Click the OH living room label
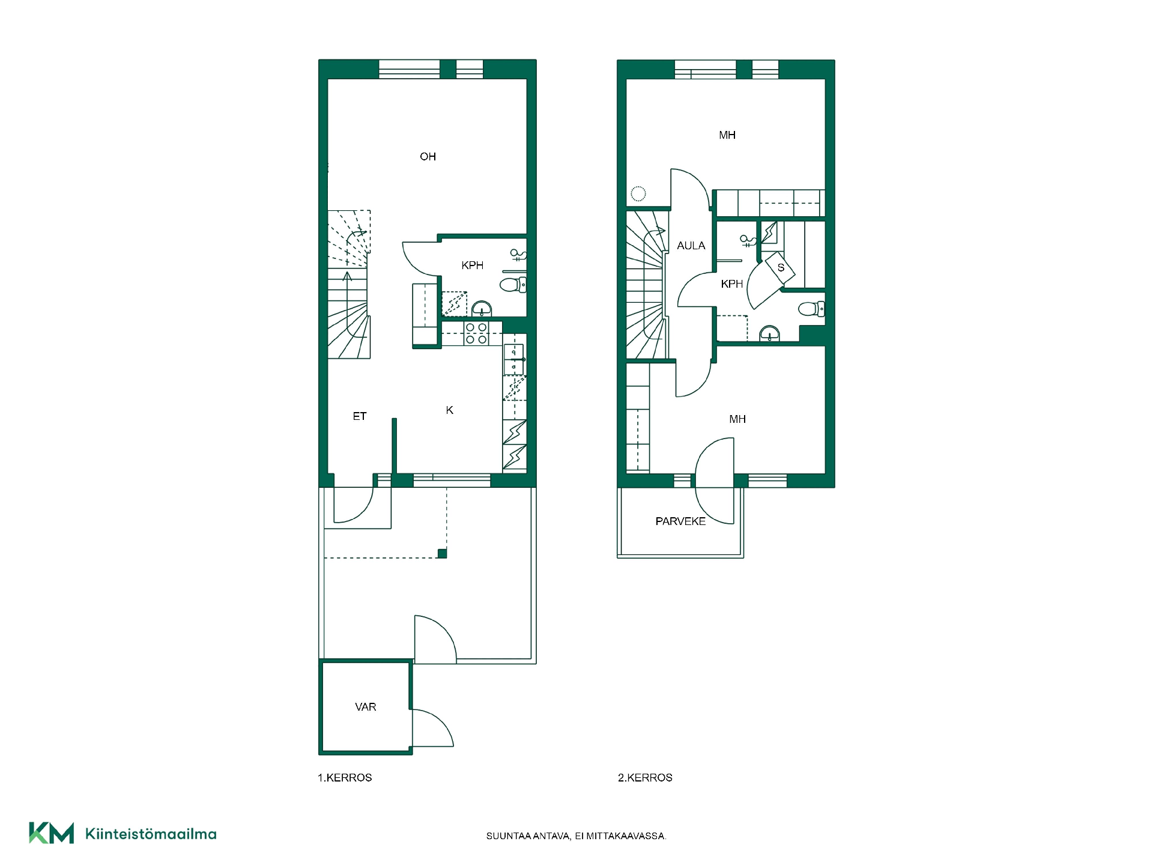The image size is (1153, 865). tap(428, 157)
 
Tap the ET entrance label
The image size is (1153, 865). tap(360, 416)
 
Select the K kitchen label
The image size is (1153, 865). tap(450, 410)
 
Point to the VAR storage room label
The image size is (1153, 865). tap(366, 707)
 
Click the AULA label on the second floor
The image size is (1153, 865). tap(691, 246)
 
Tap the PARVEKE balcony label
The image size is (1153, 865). tap(680, 521)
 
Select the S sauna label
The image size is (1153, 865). tap(781, 268)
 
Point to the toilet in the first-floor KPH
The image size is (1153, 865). tap(513, 284)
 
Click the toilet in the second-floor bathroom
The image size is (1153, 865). tap(811, 309)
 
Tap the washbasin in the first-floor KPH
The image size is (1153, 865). tap(482, 309)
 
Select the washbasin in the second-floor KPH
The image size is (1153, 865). tap(770, 333)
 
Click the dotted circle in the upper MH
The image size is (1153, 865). tap(638, 193)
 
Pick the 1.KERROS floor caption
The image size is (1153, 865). tap(345, 778)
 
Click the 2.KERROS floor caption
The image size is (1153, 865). tap(645, 778)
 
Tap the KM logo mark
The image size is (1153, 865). tap(52, 833)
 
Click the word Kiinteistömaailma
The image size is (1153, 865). tap(151, 834)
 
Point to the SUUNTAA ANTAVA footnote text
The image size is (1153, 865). tap(576, 836)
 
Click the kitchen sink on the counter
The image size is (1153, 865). tap(514, 359)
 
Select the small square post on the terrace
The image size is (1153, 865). tap(442, 554)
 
